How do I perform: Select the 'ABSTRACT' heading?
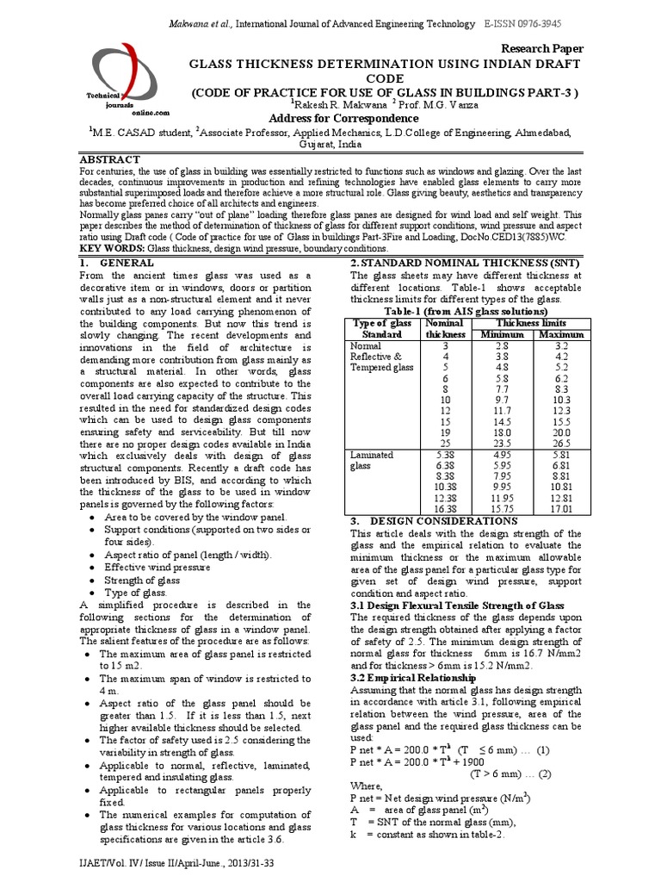pyautogui.click(x=109, y=160)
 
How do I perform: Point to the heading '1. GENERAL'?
pyautogui.click(x=117, y=262)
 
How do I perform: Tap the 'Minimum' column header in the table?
pyautogui.click(x=502, y=334)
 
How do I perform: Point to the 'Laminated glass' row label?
pyautogui.click(x=373, y=459)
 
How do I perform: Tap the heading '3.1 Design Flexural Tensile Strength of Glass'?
pyautogui.click(x=457, y=606)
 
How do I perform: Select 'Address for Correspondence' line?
pyautogui.click(x=332, y=118)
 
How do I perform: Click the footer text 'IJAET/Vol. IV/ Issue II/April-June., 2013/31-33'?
pyautogui.click(x=176, y=864)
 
